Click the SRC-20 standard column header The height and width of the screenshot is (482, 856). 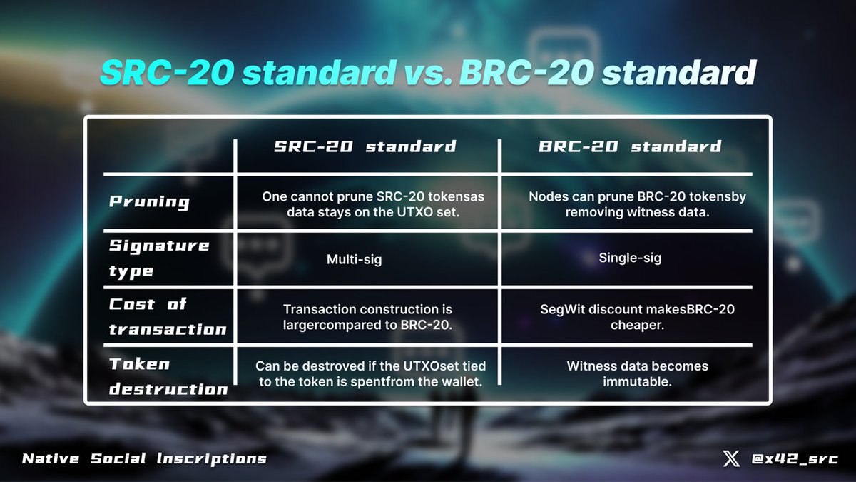tap(365, 147)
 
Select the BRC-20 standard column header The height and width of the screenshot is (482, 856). tap(630, 147)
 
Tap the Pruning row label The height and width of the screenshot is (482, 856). tap(149, 201)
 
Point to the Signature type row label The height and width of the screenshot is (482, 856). tap(159, 258)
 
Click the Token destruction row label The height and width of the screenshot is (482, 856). tap(168, 376)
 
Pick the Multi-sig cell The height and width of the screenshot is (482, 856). tap(354, 259)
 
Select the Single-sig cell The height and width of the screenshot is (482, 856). tap(630, 258)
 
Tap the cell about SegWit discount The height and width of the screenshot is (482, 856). tap(637, 316)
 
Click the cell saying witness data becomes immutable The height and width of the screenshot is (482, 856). tap(637, 373)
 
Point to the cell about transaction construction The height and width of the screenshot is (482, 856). tap(367, 317)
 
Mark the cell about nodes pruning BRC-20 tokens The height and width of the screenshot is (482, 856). tap(637, 204)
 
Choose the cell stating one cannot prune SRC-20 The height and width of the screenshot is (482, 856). tap(373, 204)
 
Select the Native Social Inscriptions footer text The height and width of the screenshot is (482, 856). tap(144, 458)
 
